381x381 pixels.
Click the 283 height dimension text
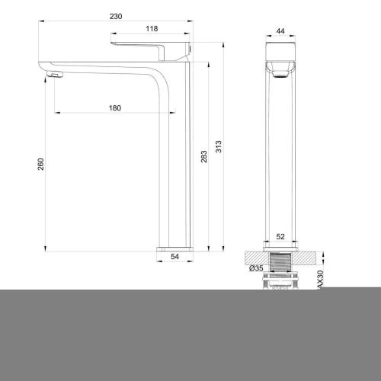pyautogui.click(x=203, y=156)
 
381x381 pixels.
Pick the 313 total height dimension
pyautogui.click(x=220, y=147)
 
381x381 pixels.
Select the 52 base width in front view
pyautogui.click(x=280, y=236)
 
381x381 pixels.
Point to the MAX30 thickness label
pyautogui.click(x=320, y=278)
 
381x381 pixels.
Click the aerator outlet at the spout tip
pyautogui.click(x=53, y=74)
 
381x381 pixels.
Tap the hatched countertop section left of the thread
pyautogui.click(x=255, y=257)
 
